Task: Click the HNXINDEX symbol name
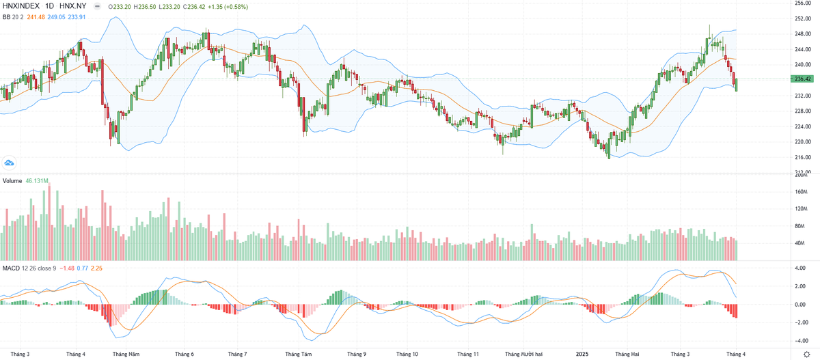[x=21, y=5]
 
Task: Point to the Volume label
[x=12, y=181]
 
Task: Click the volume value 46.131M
[x=37, y=181]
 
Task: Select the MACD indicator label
[x=12, y=268]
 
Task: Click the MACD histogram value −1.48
[x=67, y=268]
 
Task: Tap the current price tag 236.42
[x=802, y=79]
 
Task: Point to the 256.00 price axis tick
[x=802, y=3]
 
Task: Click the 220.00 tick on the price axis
[x=802, y=142]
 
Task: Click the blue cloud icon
[x=10, y=163]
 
